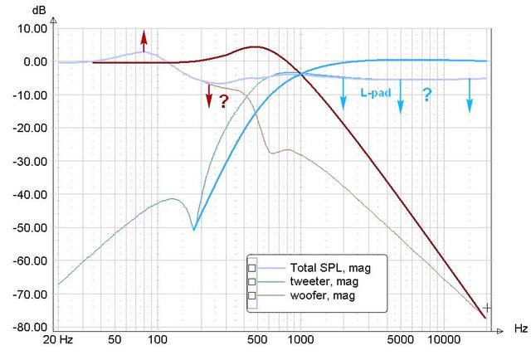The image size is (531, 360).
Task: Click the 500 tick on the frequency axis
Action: click(x=256, y=339)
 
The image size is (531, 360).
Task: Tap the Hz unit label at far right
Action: click(x=520, y=329)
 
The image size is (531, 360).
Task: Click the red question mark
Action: click(x=223, y=100)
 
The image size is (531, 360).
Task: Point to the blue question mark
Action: click(x=426, y=95)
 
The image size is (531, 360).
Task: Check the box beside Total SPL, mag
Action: click(x=251, y=268)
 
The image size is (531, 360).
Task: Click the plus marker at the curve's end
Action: click(x=487, y=308)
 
